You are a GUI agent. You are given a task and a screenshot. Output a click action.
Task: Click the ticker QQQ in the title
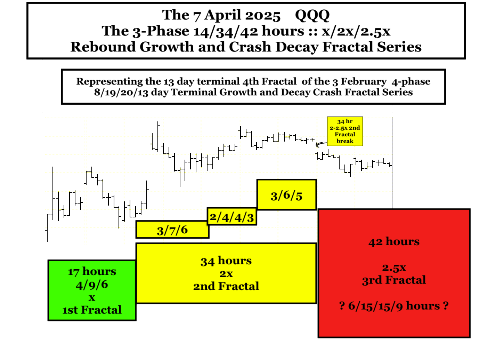(x=312, y=16)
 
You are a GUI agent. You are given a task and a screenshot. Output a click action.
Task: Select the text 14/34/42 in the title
(x=226, y=31)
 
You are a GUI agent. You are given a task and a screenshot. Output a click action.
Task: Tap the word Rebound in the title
(x=103, y=47)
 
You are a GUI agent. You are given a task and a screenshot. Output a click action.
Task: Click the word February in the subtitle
(x=364, y=81)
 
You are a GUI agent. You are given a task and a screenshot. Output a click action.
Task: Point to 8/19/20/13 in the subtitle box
(x=121, y=92)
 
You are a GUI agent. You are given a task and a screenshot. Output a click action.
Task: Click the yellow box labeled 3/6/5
(x=287, y=195)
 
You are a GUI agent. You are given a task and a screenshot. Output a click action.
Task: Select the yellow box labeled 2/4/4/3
(x=232, y=216)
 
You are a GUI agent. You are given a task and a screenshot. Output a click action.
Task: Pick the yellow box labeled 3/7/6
(x=172, y=230)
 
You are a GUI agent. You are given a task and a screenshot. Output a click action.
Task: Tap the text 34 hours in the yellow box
(x=226, y=261)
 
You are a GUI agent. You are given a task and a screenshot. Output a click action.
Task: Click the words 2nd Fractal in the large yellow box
(x=226, y=286)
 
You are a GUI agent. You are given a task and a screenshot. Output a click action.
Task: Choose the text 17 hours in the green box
(x=92, y=272)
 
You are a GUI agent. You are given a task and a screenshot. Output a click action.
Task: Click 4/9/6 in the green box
(x=92, y=285)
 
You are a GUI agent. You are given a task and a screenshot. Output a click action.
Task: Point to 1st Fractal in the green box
(x=92, y=310)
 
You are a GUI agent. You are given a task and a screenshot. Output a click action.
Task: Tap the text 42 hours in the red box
(x=394, y=242)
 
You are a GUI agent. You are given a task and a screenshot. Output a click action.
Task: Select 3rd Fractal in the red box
(x=394, y=280)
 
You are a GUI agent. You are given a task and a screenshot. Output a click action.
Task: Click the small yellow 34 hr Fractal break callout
(x=345, y=131)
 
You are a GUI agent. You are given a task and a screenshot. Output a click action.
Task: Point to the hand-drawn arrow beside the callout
(x=321, y=144)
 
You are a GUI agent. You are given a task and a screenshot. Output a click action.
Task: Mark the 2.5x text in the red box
(x=394, y=268)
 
